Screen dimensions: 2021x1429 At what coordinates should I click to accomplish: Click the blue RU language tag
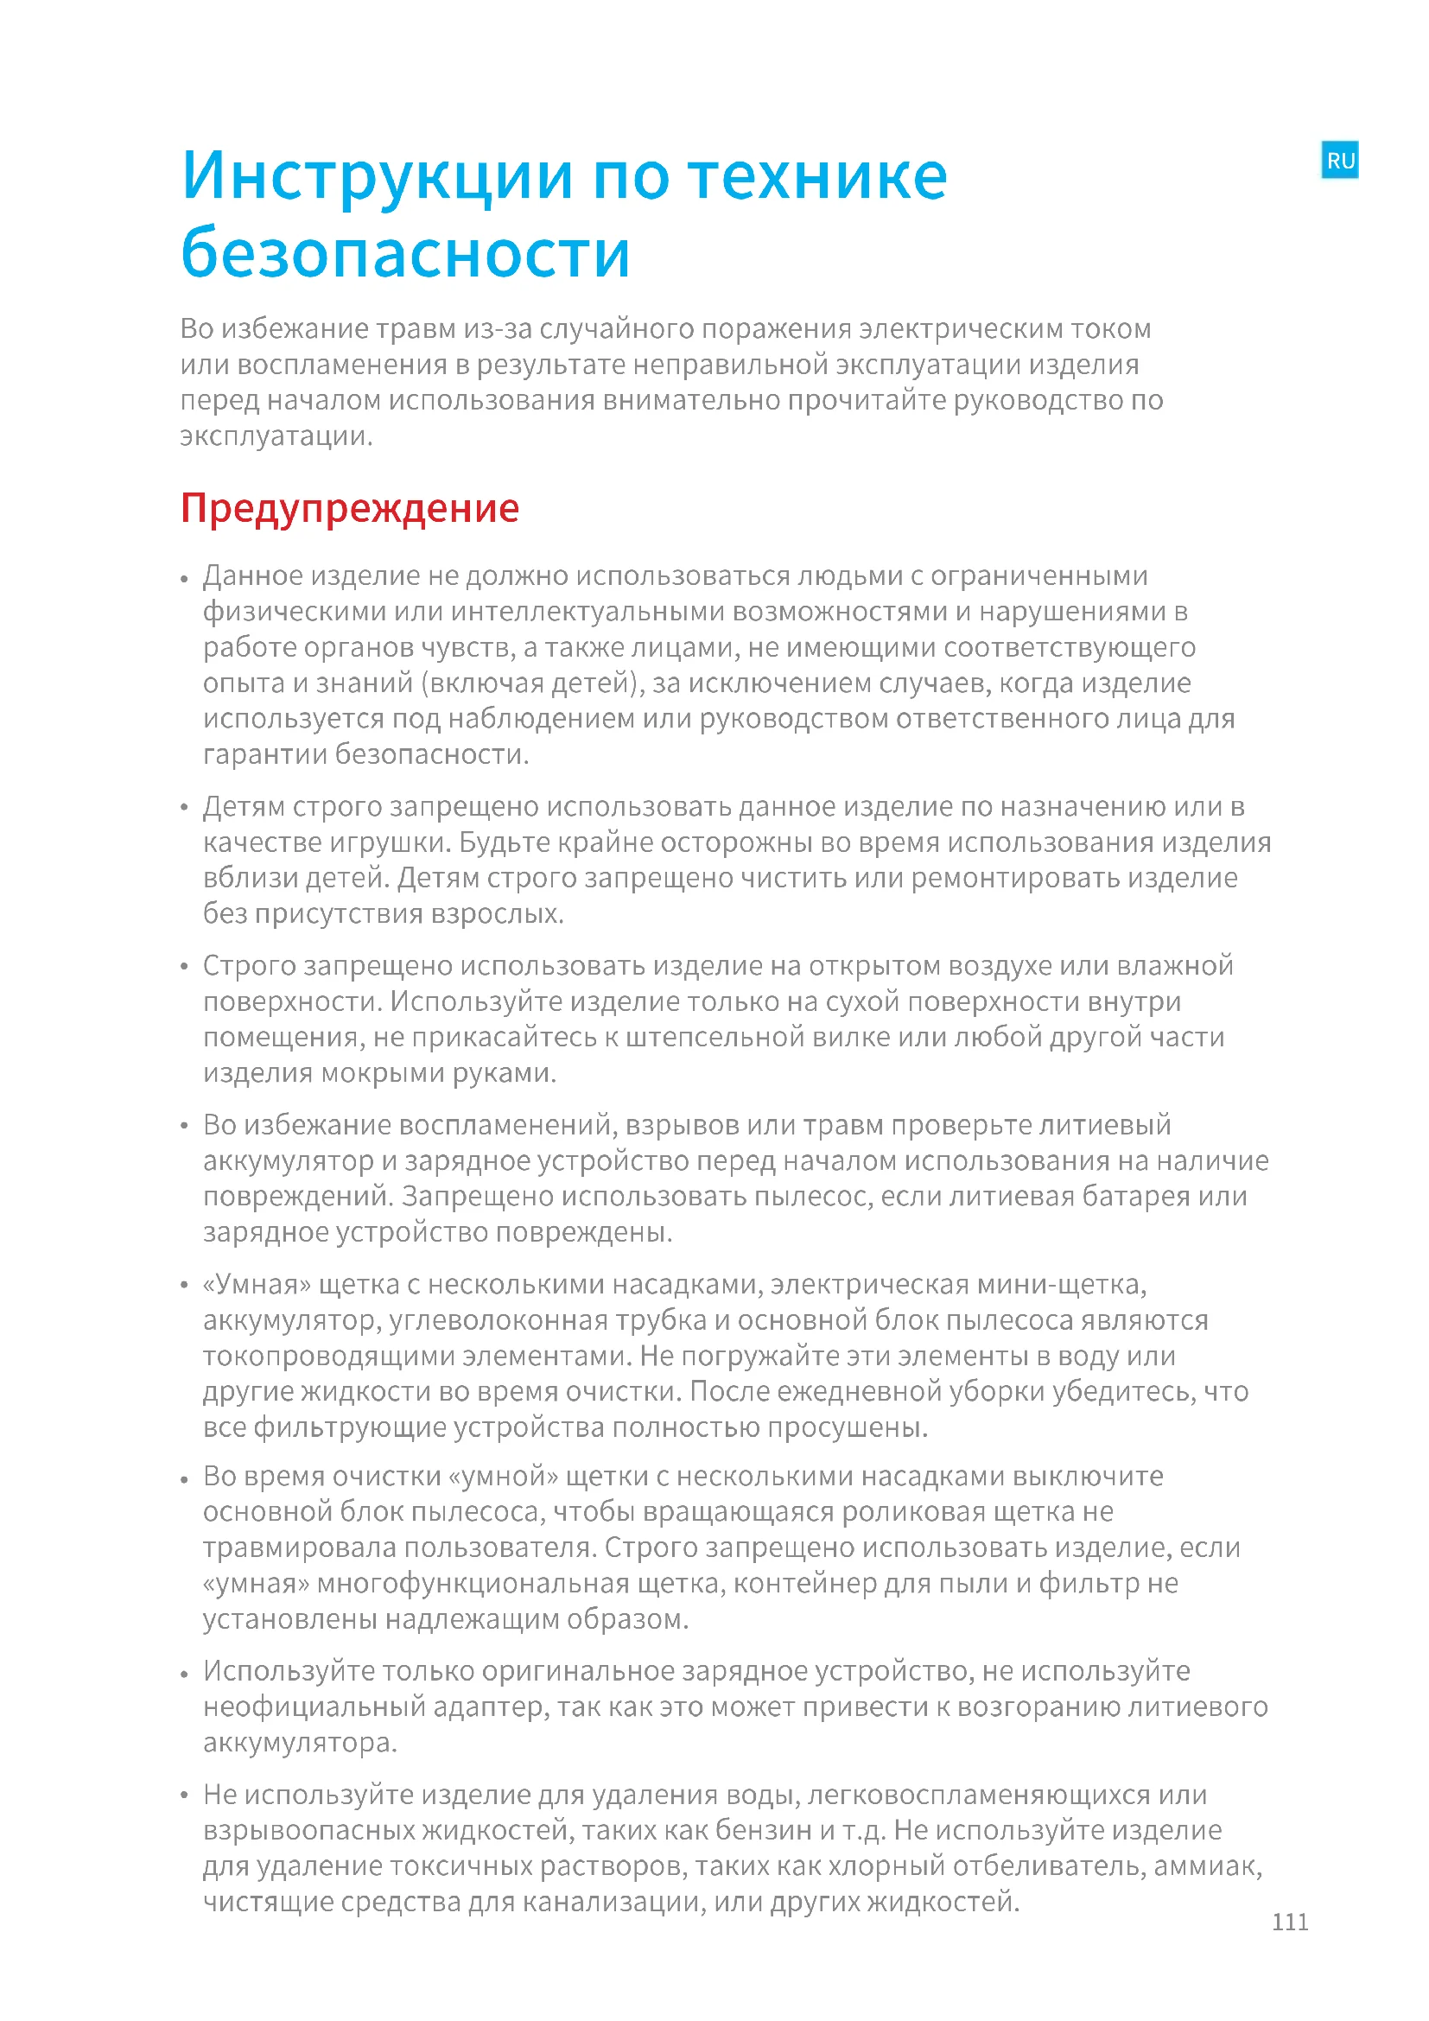[1339, 160]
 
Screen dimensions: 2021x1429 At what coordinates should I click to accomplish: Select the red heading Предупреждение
[349, 509]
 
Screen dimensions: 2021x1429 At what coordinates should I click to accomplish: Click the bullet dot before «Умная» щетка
[185, 1286]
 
